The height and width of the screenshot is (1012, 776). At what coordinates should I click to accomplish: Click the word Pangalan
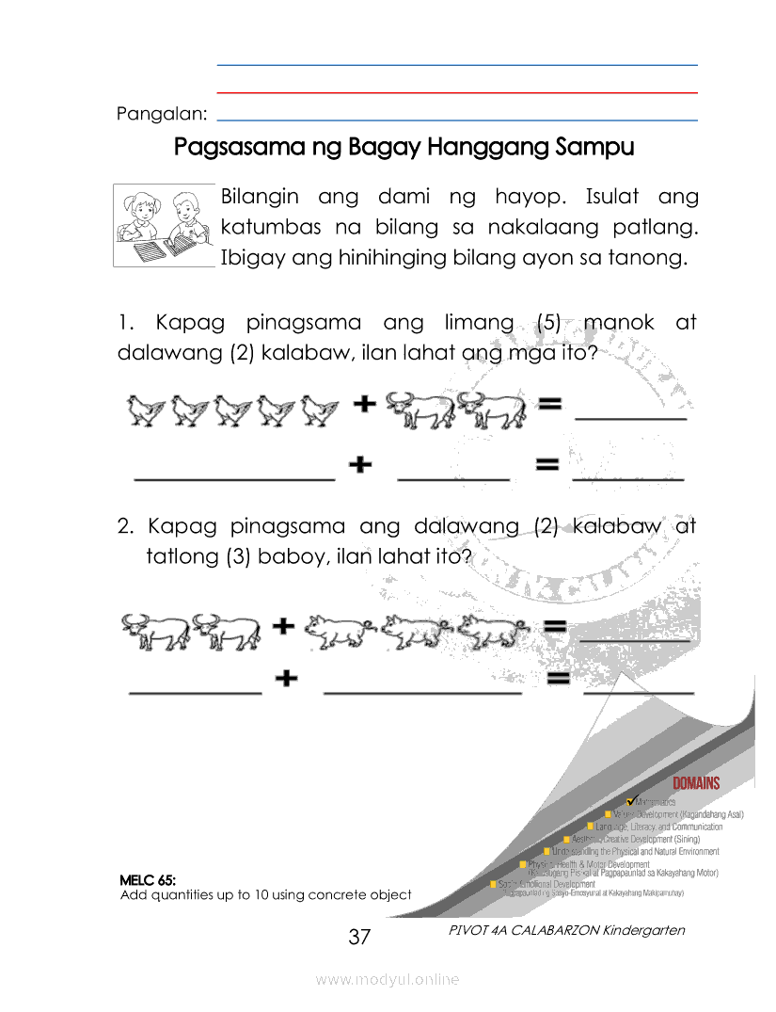[x=161, y=114]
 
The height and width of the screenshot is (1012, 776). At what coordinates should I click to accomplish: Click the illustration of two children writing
[x=164, y=226]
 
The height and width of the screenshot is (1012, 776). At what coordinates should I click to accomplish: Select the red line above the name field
[x=457, y=93]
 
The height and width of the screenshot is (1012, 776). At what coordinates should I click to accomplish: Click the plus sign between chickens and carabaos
[x=364, y=405]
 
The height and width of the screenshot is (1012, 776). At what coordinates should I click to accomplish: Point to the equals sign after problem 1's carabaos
[x=549, y=405]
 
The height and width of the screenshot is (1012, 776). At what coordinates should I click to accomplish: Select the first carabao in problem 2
[x=153, y=631]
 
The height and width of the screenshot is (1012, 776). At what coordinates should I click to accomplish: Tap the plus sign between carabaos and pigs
[x=283, y=625]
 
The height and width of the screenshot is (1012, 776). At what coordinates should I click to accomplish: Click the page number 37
[x=360, y=937]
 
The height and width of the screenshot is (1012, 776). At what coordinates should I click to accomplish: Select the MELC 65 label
[x=148, y=880]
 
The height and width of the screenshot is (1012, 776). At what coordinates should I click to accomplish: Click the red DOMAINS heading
[x=696, y=782]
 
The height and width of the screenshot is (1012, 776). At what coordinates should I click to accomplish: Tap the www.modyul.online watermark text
[x=388, y=979]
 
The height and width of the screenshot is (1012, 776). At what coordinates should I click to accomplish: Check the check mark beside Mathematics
[x=631, y=800]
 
